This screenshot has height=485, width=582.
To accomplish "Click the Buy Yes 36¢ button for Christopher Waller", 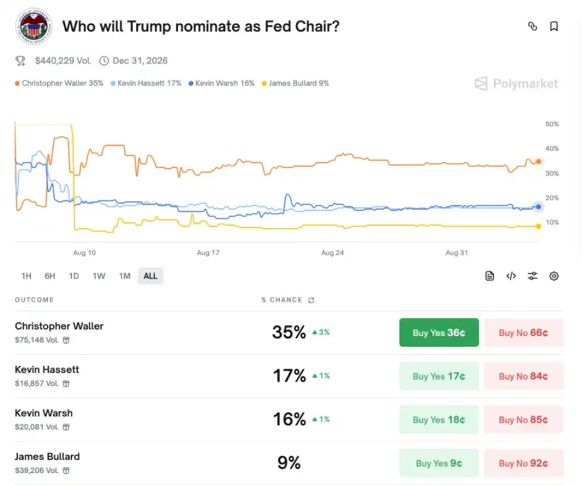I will click(x=438, y=333).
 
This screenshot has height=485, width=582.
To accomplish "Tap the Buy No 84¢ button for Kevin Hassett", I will click(x=523, y=376).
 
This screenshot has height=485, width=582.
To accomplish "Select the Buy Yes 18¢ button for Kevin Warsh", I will click(x=438, y=419).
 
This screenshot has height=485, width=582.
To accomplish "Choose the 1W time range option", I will click(x=99, y=276).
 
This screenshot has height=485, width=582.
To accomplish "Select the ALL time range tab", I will click(x=150, y=276).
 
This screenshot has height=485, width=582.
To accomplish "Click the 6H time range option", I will click(x=50, y=276).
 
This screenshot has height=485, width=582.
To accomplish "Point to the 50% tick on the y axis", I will click(x=552, y=124).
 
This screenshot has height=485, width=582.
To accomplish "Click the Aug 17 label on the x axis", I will click(x=208, y=253).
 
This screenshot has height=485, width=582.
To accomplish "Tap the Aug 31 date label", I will click(x=456, y=253).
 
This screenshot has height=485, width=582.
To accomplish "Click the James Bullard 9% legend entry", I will click(x=296, y=83).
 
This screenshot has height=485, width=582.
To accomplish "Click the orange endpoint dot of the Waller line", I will click(x=538, y=161).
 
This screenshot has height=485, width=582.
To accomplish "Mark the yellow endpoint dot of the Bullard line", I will click(x=538, y=226).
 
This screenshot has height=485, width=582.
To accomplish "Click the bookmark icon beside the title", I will click(x=554, y=26).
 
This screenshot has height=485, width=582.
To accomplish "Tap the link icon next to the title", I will click(x=532, y=26).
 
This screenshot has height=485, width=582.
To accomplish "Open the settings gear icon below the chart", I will click(x=554, y=276).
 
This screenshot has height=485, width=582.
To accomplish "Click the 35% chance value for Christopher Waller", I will click(x=289, y=332).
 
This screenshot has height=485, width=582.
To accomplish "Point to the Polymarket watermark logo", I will click(x=517, y=84).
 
